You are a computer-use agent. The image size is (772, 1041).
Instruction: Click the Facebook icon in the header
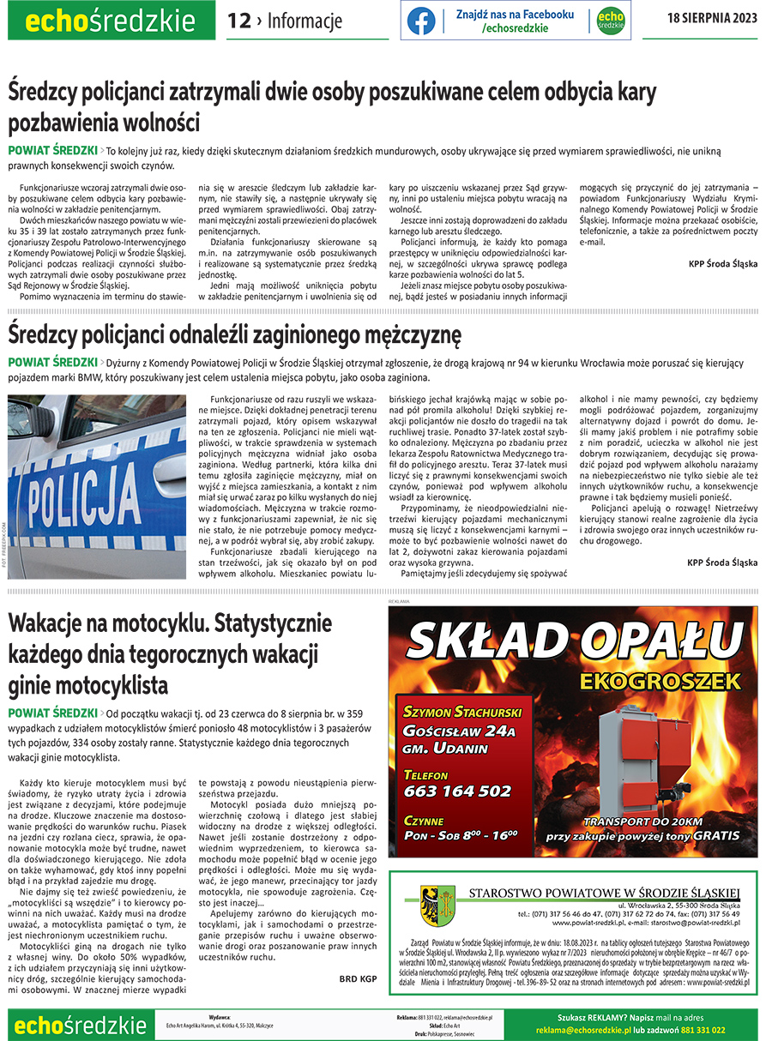(x=421, y=21)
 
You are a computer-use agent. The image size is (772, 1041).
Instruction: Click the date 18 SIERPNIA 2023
(x=712, y=19)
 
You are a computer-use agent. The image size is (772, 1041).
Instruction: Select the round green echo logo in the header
(x=610, y=21)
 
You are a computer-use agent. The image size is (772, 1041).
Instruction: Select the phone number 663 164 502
(x=457, y=791)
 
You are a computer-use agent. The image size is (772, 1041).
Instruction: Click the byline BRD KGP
(x=358, y=978)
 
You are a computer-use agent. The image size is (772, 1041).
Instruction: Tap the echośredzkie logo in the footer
(x=79, y=1025)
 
